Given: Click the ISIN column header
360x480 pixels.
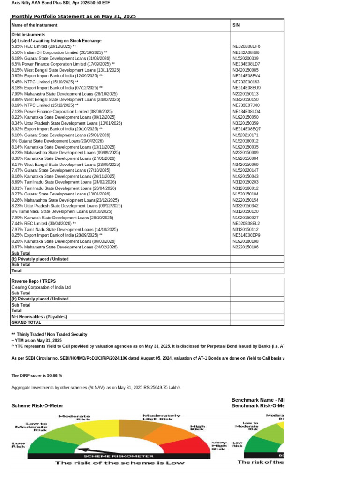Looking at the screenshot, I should pos(236,25).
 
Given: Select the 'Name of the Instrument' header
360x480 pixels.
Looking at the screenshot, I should pos(34,25).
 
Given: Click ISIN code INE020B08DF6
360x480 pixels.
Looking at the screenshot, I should pos(246,47).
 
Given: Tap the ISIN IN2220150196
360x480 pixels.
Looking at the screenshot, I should pos(245,247).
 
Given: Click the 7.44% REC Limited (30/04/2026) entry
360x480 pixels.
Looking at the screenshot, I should pos(44,224).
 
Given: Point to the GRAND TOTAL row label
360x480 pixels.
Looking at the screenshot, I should pos(26,322).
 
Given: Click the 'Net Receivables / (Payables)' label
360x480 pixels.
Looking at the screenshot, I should pos(39,316).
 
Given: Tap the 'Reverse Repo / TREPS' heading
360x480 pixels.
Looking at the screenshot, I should pos(33,281).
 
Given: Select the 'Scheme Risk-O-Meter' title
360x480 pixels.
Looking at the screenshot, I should pos(37,405).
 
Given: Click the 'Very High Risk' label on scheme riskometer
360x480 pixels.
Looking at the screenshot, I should pos(219,445).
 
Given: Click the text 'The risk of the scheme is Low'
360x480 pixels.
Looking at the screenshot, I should pos(120,463).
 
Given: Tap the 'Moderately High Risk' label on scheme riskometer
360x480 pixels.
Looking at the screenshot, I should pos(161,417).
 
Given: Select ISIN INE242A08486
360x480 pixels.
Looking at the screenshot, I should pos(246,52).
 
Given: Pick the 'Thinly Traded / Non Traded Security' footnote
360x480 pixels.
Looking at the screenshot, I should pos(49,334).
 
